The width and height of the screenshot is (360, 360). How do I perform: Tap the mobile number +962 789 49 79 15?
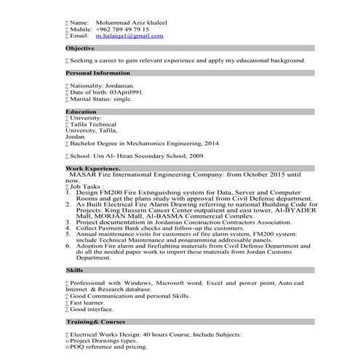(123, 29)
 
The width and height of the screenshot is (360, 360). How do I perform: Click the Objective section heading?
(80, 49)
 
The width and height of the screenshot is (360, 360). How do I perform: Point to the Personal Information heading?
(98, 73)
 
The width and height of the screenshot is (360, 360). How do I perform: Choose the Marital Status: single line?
(101, 100)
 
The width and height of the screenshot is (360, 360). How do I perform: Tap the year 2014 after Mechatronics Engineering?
(231, 144)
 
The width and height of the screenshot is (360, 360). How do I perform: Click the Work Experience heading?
(93, 169)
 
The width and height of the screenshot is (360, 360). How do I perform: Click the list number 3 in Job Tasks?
(69, 223)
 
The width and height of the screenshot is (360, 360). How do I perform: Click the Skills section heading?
(74, 270)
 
